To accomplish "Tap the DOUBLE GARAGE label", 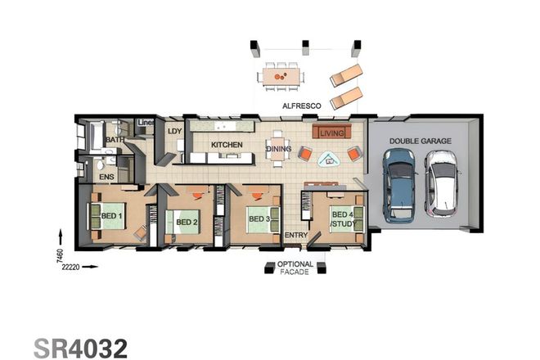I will [420, 142].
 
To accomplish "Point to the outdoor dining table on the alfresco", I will [281, 76].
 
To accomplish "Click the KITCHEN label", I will [227, 145].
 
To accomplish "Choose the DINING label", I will [278, 149].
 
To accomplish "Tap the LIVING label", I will [331, 133].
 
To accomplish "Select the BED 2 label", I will [187, 222].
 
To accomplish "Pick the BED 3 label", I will [259, 219].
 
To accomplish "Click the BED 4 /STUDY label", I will [341, 218].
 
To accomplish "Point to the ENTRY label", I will [295, 236].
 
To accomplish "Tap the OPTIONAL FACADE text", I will [295, 268].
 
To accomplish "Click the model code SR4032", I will [80, 347].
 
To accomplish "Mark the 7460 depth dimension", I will [60, 255].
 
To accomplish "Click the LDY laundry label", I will [173, 131].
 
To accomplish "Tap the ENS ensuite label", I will [106, 176].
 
